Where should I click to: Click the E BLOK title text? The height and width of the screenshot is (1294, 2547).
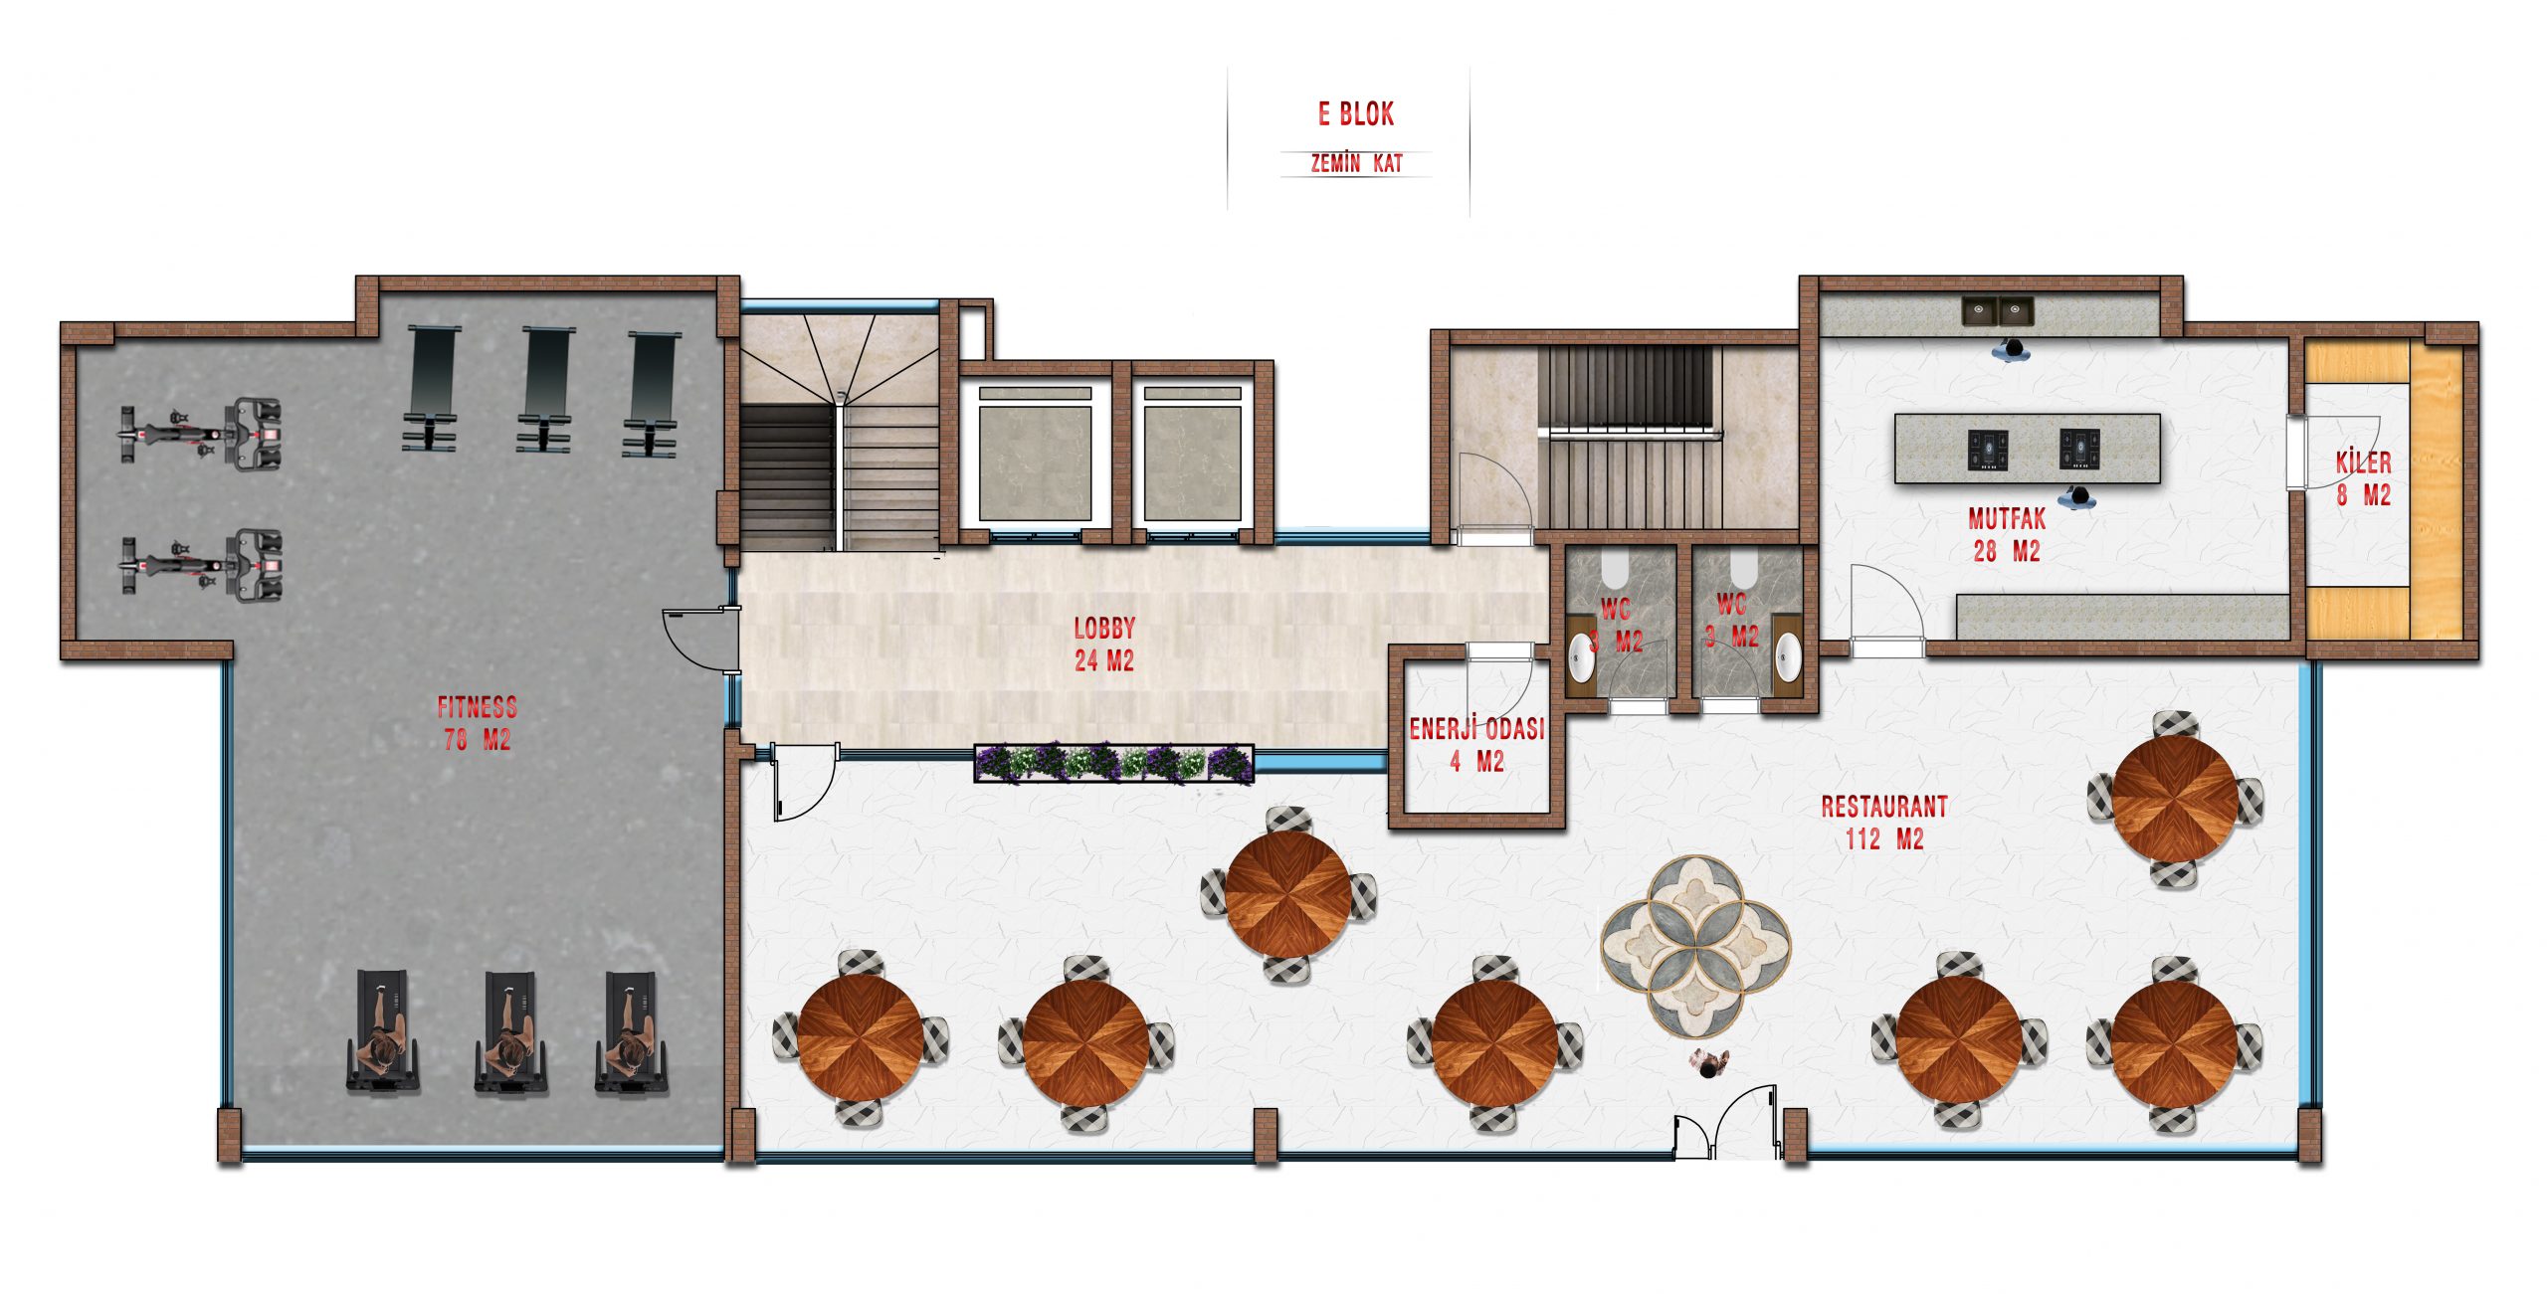(1356, 114)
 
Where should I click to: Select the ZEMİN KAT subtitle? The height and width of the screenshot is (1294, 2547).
(1356, 163)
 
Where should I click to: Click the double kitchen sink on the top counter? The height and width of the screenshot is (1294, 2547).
(1998, 310)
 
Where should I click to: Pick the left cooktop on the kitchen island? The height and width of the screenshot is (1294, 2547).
(1988, 450)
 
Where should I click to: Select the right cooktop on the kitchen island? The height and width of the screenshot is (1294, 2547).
(2079, 449)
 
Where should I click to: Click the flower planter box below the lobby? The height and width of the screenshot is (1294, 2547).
(1114, 764)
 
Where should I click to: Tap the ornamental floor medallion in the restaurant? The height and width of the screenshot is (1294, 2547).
(1695, 946)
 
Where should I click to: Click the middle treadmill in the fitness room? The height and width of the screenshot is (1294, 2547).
(512, 1033)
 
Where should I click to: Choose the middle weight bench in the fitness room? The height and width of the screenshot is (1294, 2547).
(545, 389)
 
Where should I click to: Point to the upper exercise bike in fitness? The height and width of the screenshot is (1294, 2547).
(202, 434)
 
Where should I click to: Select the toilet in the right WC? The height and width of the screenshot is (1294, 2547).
(1743, 570)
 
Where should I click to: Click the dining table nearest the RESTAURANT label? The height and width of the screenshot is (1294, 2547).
(2176, 800)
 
